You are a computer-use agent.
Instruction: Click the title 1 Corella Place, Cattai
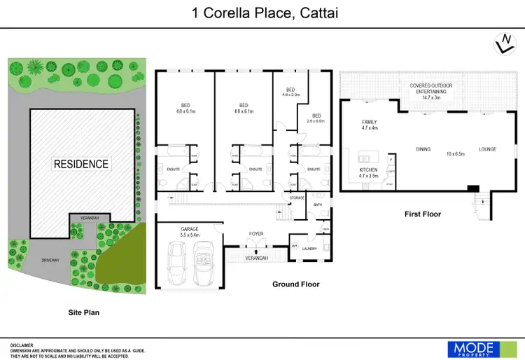[x=261, y=13]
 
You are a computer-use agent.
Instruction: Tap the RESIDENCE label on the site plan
[x=81, y=164]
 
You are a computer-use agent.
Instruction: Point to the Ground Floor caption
[x=295, y=284]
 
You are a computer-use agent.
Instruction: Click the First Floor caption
[x=423, y=214]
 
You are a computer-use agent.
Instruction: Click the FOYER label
[x=256, y=233]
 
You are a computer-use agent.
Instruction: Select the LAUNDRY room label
[x=309, y=249]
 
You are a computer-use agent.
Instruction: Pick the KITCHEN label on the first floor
[x=368, y=170]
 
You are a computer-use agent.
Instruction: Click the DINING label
[x=423, y=150]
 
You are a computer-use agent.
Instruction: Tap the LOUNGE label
[x=487, y=150]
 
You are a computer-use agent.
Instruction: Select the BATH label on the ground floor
[x=317, y=205]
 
